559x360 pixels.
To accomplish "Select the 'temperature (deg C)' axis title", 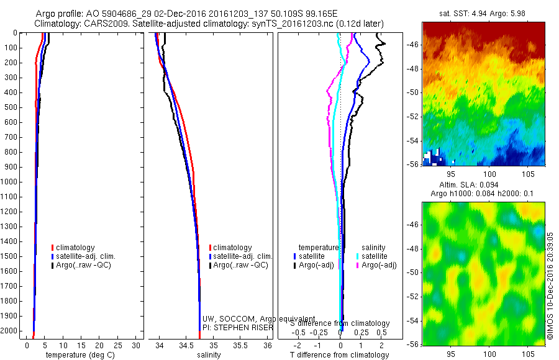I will click(78, 355).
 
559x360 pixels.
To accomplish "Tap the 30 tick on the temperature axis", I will click(137, 345).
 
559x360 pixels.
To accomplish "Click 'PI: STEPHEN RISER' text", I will click(238, 327).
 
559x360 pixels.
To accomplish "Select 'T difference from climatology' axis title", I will click(340, 355).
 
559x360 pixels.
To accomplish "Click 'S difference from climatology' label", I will click(340, 323).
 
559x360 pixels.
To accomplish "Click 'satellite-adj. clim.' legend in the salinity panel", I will click(242, 256).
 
